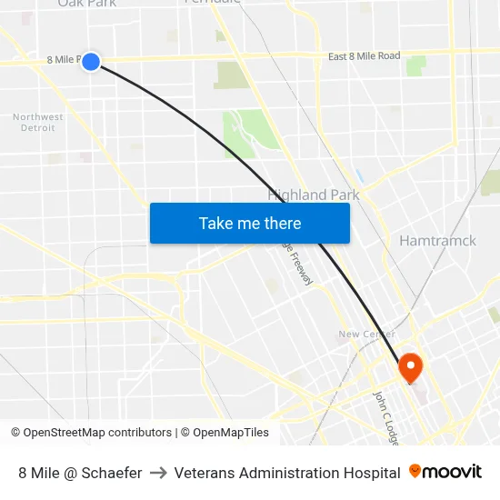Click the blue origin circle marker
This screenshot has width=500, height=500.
[91, 61]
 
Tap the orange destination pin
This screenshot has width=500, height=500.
[410, 367]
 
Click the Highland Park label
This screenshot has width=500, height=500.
[314, 195]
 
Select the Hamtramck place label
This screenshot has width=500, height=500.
[437, 241]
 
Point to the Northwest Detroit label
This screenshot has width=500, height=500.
[38, 122]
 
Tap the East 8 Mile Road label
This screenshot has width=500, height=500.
[364, 56]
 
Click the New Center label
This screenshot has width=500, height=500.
[365, 334]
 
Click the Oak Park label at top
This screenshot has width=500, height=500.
[87, 4]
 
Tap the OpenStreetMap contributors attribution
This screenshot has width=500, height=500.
[91, 433]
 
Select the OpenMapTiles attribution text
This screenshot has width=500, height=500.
[225, 433]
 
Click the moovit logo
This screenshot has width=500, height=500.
[445, 472]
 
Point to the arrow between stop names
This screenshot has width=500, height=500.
[157, 473]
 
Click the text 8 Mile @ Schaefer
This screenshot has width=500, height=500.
[80, 473]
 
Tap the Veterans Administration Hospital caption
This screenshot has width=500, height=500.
[286, 473]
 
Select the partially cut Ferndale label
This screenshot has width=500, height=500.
[213, 3]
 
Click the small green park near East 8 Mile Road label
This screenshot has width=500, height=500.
[416, 65]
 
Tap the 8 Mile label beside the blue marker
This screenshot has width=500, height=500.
[63, 60]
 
